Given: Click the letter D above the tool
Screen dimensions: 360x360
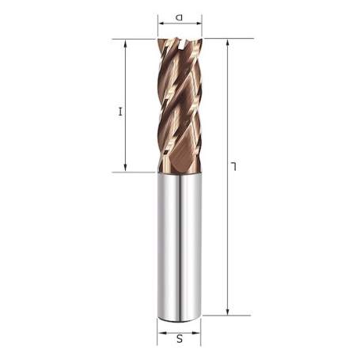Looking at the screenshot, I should [x=180, y=16].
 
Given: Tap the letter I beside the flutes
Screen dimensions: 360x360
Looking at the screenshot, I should [x=121, y=112].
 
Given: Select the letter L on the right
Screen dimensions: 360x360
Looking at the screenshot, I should [x=234, y=166].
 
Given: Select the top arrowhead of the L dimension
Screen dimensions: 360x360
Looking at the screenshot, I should [x=228, y=41].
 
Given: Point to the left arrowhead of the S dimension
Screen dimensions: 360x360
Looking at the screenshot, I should [x=160, y=331].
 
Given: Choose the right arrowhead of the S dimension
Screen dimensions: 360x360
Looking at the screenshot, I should [x=199, y=331].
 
